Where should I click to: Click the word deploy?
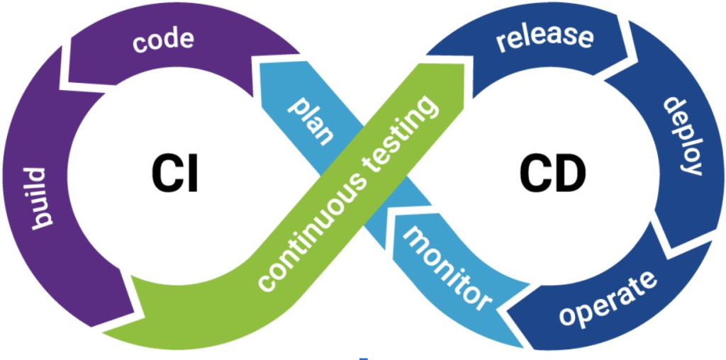click(x=683, y=136)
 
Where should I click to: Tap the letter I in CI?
click(x=189, y=174)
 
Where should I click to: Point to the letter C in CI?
click(x=164, y=174)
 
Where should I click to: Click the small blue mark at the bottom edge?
click(x=363, y=358)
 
